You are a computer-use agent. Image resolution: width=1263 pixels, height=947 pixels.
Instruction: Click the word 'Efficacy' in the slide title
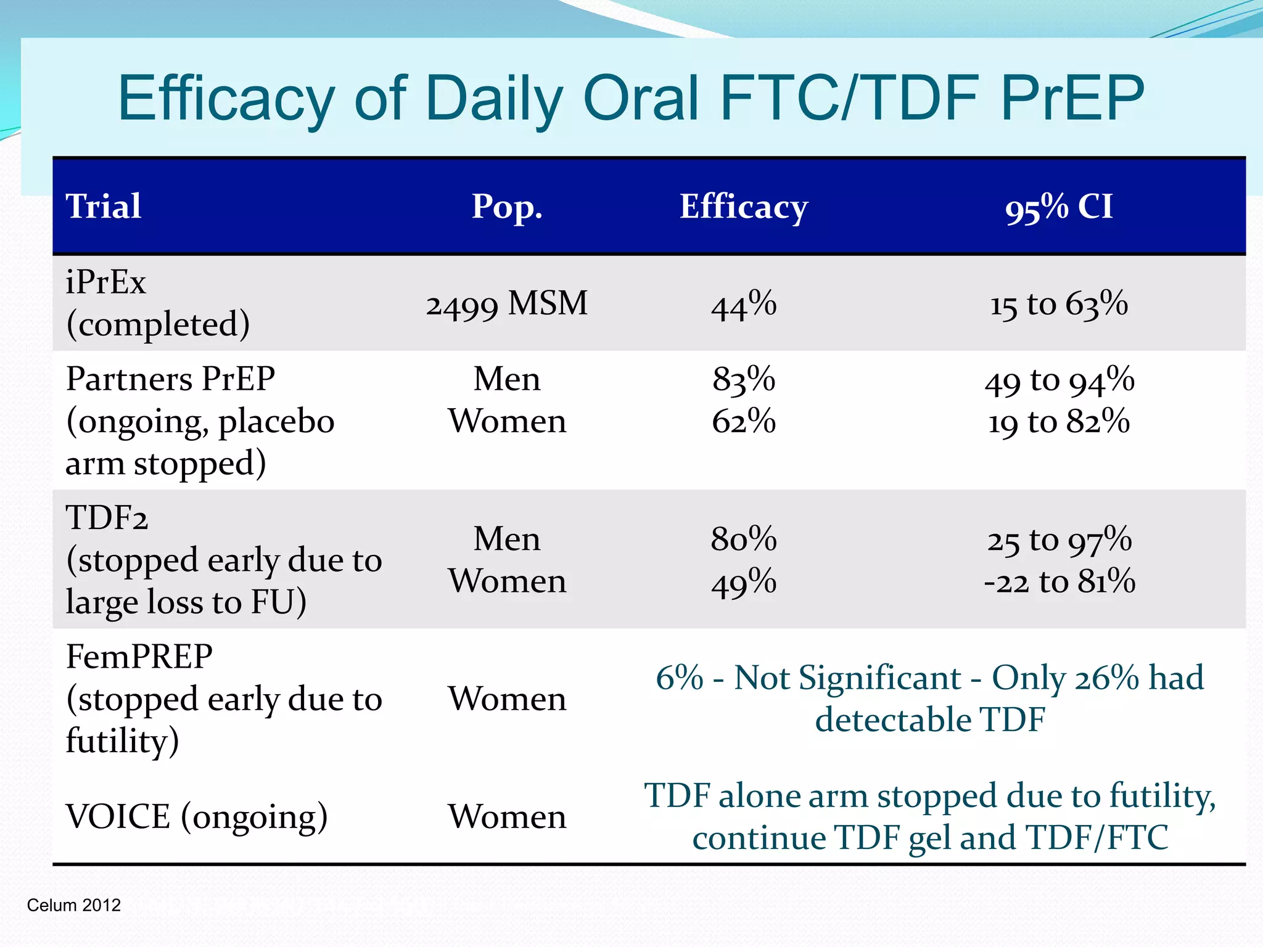point(225,99)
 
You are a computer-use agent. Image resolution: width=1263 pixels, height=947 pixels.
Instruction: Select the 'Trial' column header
point(104,206)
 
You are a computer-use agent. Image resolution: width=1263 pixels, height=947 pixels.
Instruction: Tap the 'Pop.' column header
point(507,206)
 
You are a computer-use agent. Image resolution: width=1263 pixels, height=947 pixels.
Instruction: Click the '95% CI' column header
point(1059,207)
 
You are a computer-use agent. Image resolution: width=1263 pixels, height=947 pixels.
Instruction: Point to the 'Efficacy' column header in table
point(744,206)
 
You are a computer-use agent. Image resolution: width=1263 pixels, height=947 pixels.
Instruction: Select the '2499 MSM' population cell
point(507,304)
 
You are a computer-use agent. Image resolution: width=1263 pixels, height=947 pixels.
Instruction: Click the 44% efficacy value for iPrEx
point(744,305)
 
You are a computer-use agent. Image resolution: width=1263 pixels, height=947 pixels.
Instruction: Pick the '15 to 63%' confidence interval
point(1059,304)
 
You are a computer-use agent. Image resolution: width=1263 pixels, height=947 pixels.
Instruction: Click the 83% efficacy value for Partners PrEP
point(744,379)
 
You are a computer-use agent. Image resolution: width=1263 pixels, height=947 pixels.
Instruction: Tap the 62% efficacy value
point(744,422)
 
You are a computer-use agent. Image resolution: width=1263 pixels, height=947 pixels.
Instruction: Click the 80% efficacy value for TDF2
point(744,539)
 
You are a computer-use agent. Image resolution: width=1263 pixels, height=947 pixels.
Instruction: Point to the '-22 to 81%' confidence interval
point(1059,581)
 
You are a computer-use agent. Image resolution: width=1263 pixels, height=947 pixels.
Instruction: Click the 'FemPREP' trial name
point(139,657)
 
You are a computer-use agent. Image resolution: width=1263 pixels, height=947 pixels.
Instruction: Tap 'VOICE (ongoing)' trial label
point(196,817)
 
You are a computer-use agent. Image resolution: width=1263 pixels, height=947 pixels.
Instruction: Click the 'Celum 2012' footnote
point(74,905)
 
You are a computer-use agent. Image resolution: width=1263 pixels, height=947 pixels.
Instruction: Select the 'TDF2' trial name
point(107,517)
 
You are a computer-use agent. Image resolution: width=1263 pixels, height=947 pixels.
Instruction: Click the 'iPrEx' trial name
point(106,282)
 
